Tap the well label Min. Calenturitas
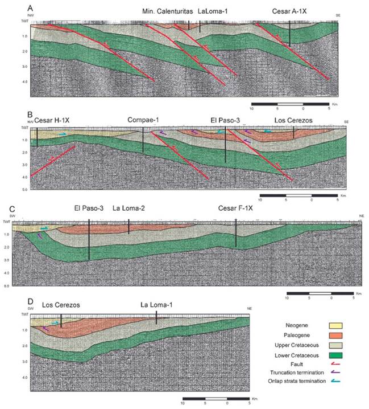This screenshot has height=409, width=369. click(167, 11)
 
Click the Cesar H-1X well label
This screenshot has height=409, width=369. click(53, 121)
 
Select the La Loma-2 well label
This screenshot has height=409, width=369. click(130, 208)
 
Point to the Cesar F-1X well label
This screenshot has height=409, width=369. click(236, 208)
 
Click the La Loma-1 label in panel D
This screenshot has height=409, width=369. click(156, 305)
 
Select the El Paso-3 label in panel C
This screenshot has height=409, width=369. click(88, 208)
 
